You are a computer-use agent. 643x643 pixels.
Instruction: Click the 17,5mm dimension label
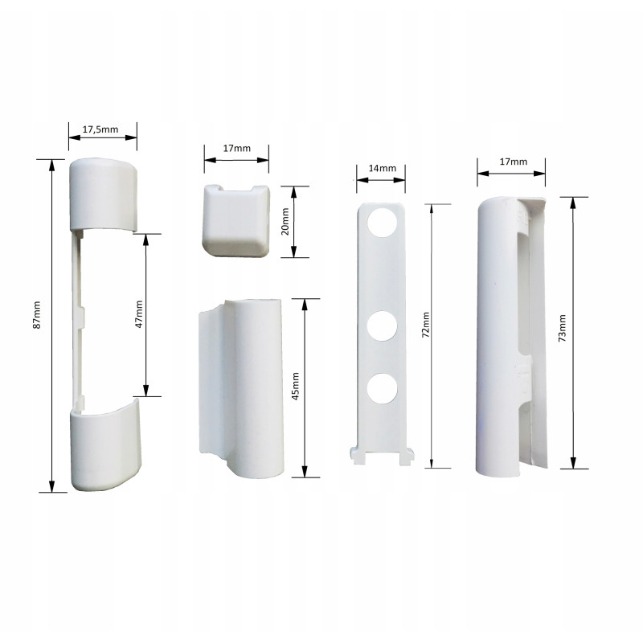pos(100,129)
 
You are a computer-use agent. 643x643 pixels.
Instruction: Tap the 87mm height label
pos(36,314)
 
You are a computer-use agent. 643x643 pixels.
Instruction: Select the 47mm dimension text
pos(139,314)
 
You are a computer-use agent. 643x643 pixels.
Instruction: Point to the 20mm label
pos(285,222)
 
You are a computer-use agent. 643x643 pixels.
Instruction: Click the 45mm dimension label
pos(295,387)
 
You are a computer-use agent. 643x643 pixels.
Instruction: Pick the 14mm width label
pos(383,168)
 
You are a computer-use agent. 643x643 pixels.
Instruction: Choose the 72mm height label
pos(426,325)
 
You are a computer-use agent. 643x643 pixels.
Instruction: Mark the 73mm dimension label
pos(562,328)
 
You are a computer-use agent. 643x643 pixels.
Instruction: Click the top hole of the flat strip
pos(382,222)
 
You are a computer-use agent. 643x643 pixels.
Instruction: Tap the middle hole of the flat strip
pos(382,326)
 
